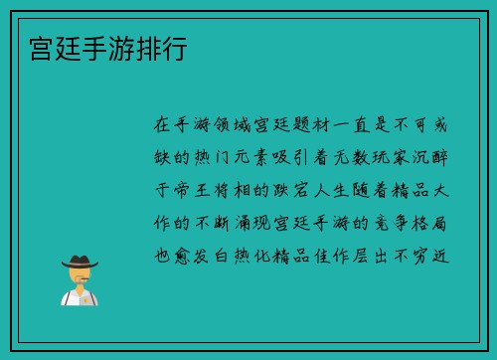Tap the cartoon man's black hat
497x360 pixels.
pos(79,262)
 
